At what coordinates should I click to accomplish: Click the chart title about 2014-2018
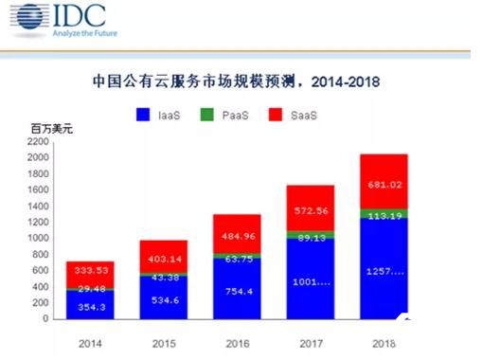[x=241, y=81]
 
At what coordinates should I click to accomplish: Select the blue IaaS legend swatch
[x=143, y=116]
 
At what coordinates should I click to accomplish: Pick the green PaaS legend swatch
[x=207, y=116]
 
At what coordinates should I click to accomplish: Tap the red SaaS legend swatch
[x=276, y=116]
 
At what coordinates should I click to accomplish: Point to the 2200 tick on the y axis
[x=38, y=142]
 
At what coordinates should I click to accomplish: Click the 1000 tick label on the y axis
[x=38, y=239]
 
